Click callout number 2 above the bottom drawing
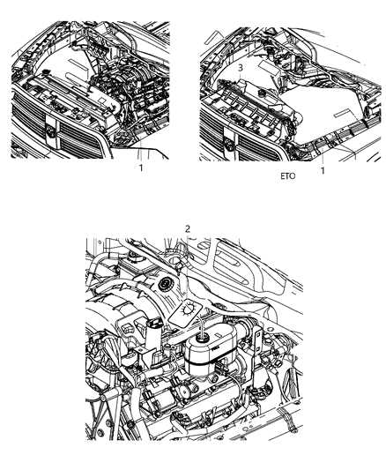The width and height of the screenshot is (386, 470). (187, 228)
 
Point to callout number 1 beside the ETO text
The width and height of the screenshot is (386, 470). (322, 171)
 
